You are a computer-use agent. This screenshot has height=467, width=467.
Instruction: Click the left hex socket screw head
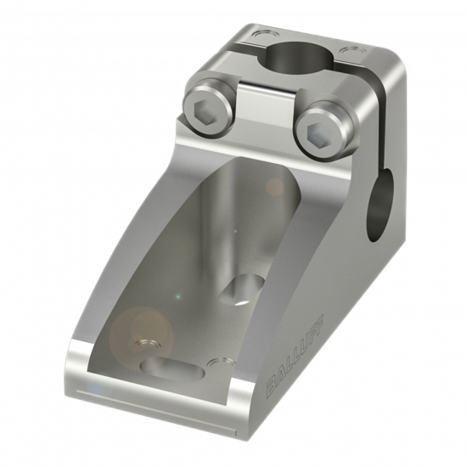coord(209,110)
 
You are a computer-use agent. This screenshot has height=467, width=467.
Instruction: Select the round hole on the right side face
coord(381,205)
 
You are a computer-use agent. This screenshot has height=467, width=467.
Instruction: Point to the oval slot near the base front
coord(172,369)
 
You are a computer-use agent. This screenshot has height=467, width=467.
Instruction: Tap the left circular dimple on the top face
coord(263,35)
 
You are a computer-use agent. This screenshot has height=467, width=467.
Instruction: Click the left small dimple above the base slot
coord(146,345)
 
